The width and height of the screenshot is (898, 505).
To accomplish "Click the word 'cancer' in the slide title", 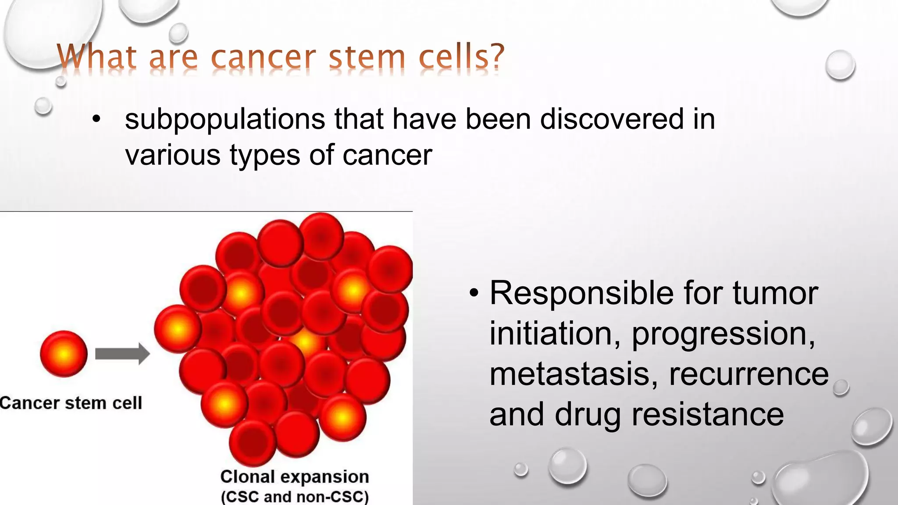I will pos(263,58).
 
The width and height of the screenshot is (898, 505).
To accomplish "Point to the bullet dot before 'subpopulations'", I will pos(96,119).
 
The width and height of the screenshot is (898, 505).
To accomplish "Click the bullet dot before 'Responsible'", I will pos(474,294).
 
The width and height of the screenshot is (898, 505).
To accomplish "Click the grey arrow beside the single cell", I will pos(122,354).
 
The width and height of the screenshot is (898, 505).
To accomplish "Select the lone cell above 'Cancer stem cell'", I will pos(64,354).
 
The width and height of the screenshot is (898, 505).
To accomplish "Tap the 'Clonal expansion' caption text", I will pos(294,477).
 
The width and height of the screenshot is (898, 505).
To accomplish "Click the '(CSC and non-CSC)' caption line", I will pos(294,497).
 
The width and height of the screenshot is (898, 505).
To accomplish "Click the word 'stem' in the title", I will pos(367,58).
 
